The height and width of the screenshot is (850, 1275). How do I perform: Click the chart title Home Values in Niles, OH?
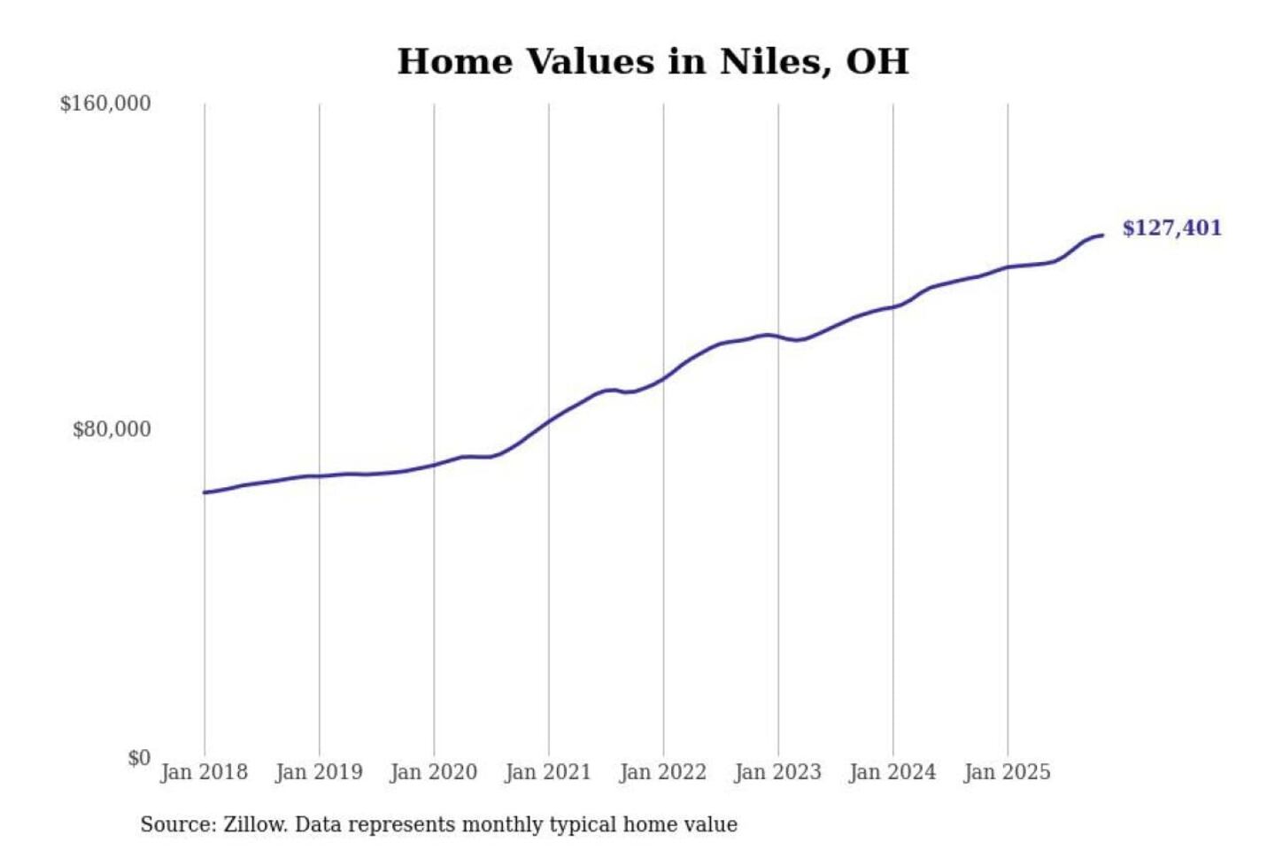click(x=653, y=61)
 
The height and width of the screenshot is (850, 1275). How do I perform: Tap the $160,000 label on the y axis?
click(x=105, y=104)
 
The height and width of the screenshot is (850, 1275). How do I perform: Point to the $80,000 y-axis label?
click(x=112, y=429)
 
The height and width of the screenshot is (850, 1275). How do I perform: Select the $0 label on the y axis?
click(x=139, y=758)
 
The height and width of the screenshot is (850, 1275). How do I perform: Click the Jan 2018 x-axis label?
click(x=204, y=772)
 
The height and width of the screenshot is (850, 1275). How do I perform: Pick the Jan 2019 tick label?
click(x=319, y=772)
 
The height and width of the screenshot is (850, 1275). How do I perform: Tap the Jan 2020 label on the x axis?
click(x=433, y=772)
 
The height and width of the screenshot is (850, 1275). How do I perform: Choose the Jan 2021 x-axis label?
click(x=548, y=772)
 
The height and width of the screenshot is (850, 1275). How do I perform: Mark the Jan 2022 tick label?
click(x=662, y=772)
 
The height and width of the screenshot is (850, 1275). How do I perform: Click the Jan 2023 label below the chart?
click(x=777, y=772)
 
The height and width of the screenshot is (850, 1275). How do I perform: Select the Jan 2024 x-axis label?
click(x=892, y=772)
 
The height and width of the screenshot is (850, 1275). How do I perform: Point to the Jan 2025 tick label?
click(x=1007, y=772)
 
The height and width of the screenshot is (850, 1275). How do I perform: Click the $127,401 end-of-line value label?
click(x=1171, y=228)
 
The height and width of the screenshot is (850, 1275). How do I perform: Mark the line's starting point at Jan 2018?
click(x=205, y=492)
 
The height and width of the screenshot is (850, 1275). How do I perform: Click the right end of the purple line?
click(x=1102, y=235)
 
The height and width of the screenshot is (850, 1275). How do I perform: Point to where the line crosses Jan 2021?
click(x=549, y=421)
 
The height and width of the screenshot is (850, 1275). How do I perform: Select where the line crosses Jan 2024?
click(x=892, y=307)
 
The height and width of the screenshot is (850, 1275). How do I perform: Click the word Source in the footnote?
click(x=177, y=824)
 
